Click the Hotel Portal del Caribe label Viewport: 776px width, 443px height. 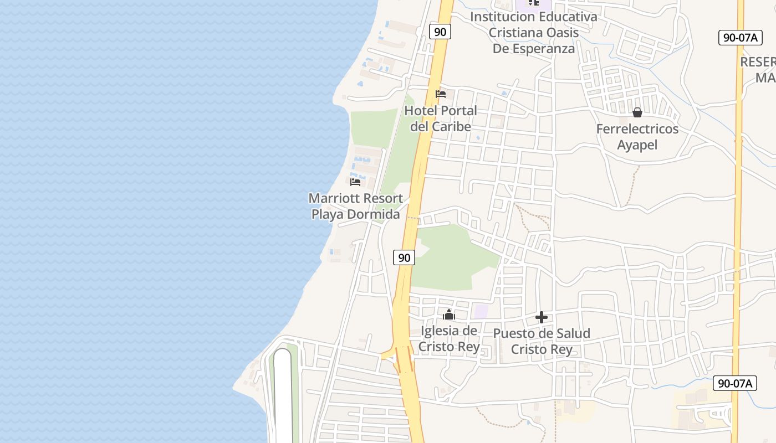(441, 119)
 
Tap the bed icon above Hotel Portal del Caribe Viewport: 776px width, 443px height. (441, 94)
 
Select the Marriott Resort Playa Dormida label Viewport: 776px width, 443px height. (356, 206)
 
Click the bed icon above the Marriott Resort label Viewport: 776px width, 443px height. (355, 181)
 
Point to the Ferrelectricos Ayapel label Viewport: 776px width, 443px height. (637, 137)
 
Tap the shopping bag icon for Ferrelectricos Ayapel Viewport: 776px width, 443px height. (637, 112)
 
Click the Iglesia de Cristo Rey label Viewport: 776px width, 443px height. (449, 339)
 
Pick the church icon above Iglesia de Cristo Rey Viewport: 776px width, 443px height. (449, 315)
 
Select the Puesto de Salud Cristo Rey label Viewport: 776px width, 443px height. (542, 341)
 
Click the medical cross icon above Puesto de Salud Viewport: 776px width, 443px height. (542, 317)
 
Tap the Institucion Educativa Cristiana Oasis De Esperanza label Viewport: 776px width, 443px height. (534, 32)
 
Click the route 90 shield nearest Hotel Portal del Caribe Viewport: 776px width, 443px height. (440, 32)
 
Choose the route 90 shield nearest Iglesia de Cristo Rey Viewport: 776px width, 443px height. (405, 257)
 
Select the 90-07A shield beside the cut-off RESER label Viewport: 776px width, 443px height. (740, 38)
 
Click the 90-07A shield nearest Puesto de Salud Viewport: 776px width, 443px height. (735, 383)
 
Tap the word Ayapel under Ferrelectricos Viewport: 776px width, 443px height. (637, 145)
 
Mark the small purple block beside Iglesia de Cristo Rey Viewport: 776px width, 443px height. (481, 311)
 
